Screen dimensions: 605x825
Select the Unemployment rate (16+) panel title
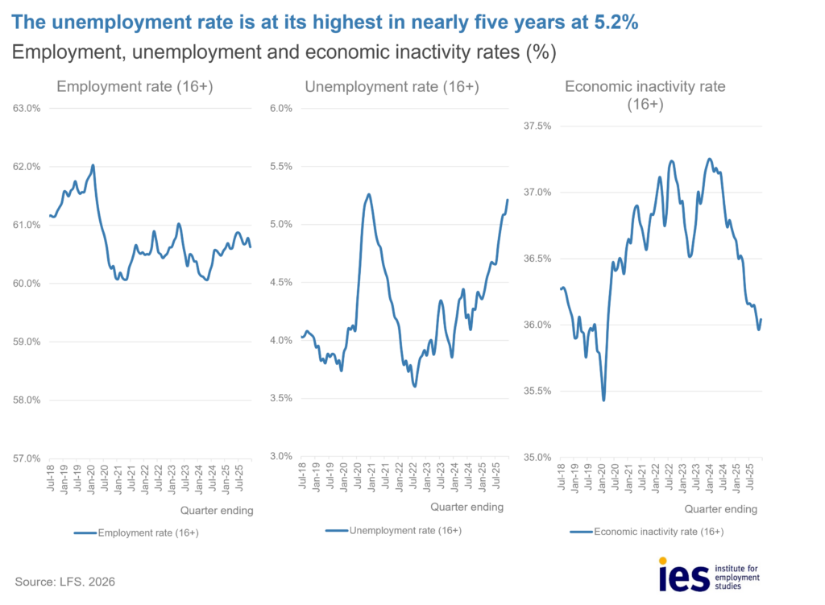391,87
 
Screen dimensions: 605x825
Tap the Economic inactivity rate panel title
645,95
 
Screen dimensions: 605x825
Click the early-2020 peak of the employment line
93,165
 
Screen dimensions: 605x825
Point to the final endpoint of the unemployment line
508,200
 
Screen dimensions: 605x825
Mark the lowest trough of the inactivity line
603,400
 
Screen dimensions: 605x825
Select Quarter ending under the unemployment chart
466,508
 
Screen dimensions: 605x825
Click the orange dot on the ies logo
663,561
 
